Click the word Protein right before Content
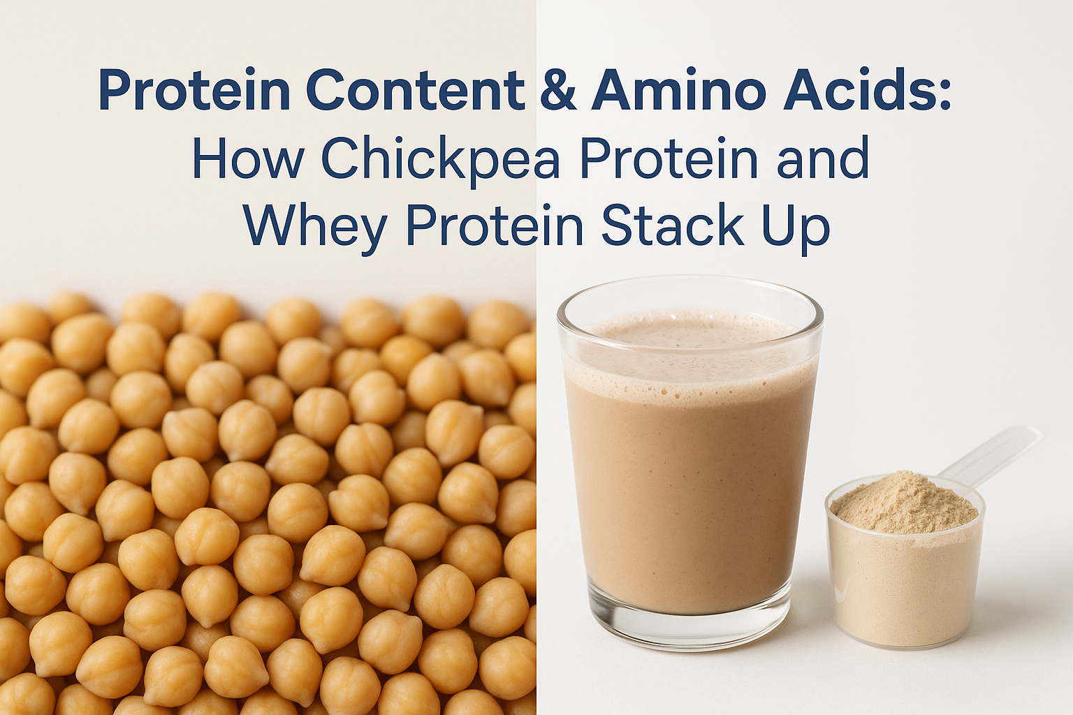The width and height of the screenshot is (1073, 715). click(x=194, y=90)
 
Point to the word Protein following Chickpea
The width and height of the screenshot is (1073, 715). click(x=669, y=158)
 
